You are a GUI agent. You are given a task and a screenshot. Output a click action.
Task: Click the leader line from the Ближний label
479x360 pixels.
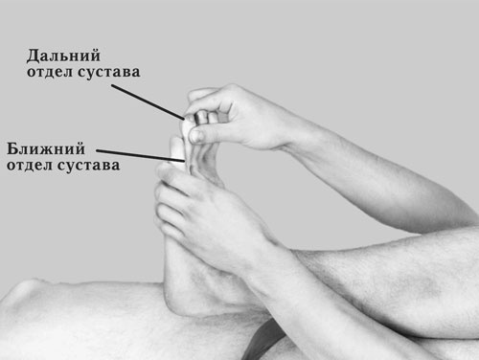pos(134,154)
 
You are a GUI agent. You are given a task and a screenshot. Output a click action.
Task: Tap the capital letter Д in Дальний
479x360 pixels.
pos(33,55)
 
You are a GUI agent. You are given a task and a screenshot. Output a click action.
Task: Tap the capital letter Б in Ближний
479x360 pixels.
pos(13,148)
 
